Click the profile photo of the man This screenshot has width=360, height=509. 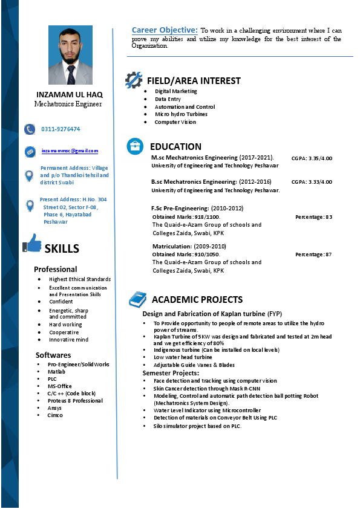70,55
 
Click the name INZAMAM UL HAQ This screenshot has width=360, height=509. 70,95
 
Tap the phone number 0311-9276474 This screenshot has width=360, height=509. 61,129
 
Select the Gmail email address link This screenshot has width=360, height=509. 70,151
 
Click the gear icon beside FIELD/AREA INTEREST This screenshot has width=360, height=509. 134,80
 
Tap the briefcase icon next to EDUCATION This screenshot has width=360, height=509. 135,146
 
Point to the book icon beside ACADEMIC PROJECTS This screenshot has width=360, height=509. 137,299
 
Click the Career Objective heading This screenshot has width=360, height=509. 165,30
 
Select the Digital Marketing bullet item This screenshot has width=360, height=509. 175,91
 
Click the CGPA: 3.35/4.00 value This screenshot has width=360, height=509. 312,158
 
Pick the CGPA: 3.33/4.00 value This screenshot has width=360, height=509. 312,181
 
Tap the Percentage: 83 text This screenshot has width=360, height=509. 313,216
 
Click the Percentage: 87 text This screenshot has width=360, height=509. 313,254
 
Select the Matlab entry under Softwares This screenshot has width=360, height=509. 56,372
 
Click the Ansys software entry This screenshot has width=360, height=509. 54,408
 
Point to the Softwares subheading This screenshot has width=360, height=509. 53,355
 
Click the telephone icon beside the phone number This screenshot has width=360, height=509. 30,129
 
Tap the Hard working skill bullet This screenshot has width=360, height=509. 65,325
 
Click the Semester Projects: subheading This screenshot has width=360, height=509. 171,373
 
